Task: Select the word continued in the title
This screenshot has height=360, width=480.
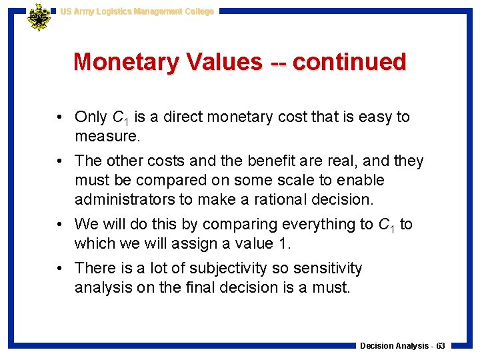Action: pos(349,62)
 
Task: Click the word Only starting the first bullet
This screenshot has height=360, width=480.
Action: pos(91,117)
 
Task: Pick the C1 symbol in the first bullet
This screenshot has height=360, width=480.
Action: pos(120,118)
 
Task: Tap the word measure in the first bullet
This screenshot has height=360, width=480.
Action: pos(104,137)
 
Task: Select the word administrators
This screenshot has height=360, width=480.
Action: pos(119,199)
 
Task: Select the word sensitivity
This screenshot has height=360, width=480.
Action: pos(326,269)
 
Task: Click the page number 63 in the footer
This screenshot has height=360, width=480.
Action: pos(440,346)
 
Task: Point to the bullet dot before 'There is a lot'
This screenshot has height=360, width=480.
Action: pos(60,269)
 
